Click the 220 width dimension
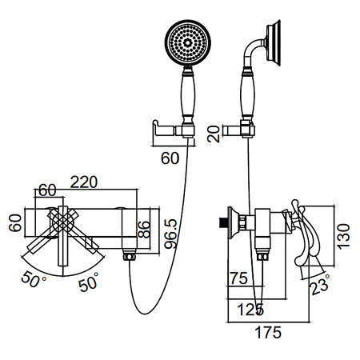click(84, 182)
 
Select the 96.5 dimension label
click(170, 234)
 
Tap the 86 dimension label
click(144, 230)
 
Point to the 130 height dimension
click(343, 237)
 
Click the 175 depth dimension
click(268, 333)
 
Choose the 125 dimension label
click(250, 310)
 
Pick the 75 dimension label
click(239, 278)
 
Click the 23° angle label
click(320, 285)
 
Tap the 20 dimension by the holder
click(214, 134)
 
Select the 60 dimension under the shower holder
click(170, 158)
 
